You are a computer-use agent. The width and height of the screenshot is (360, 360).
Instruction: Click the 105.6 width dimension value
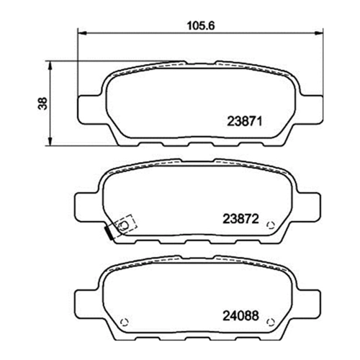pyautogui.click(x=201, y=26)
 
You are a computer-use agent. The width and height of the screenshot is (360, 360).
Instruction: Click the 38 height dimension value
pyautogui.click(x=42, y=103)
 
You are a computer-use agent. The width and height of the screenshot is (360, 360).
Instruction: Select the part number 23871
pyautogui.click(x=244, y=121)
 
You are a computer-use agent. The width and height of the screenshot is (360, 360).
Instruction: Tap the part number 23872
pyautogui.click(x=240, y=219)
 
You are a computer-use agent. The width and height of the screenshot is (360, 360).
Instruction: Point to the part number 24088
pyautogui.click(x=240, y=316)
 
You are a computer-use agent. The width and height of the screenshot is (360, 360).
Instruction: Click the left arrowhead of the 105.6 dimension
pyautogui.click(x=82, y=34)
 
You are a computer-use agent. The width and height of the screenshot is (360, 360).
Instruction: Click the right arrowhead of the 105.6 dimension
pyautogui.click(x=319, y=34)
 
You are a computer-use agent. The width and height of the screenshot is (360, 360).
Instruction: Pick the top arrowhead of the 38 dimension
pyautogui.click(x=50, y=65)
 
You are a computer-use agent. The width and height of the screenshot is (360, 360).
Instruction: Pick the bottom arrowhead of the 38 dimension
pyautogui.click(x=50, y=141)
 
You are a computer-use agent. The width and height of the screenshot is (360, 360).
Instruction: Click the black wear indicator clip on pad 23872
pyautogui.click(x=109, y=233)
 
